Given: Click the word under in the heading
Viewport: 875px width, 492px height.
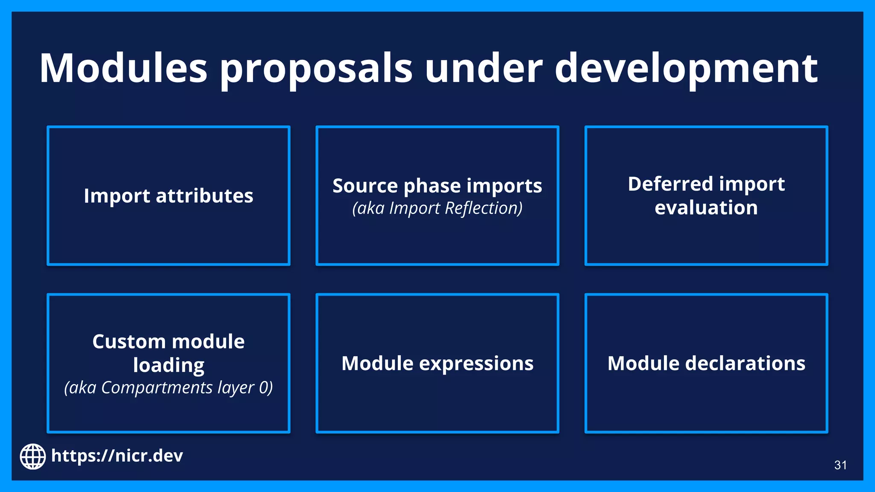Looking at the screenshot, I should click(x=483, y=68).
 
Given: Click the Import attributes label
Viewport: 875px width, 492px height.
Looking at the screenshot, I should click(x=168, y=196).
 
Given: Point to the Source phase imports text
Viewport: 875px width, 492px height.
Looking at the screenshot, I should click(x=437, y=186).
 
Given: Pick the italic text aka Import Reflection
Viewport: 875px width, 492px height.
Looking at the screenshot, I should click(x=437, y=208).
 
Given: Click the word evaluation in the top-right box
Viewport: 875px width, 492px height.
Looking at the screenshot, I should click(x=706, y=208).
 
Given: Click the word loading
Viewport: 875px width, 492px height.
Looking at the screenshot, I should click(x=168, y=366).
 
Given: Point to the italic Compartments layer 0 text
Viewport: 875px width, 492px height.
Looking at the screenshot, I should click(x=168, y=388).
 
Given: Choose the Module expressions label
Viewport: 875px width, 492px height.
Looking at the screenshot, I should click(x=437, y=363).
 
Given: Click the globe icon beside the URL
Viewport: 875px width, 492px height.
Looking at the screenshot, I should click(x=33, y=456).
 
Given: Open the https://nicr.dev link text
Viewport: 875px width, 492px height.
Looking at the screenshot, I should click(x=117, y=456).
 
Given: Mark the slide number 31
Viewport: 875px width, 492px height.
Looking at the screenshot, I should click(x=840, y=465).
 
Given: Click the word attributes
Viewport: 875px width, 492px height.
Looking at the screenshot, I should click(x=204, y=196).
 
